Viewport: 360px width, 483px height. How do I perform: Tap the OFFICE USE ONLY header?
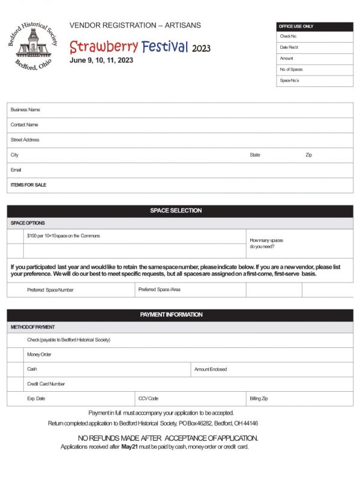coord(314,26)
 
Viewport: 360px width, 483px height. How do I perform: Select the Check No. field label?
coord(289,37)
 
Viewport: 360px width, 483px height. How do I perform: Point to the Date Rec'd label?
coord(289,47)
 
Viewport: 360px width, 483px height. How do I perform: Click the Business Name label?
coord(25,110)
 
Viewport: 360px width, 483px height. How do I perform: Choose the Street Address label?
coord(25,140)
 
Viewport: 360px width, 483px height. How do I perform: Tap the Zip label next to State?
coord(309,155)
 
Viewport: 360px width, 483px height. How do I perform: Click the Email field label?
coord(16,170)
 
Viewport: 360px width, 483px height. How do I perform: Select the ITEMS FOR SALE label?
coord(28,185)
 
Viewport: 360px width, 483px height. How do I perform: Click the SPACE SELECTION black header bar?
coord(180,211)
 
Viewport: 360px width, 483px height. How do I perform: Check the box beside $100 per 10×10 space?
coord(15,236)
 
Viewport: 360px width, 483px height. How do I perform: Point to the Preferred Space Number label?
coord(50,290)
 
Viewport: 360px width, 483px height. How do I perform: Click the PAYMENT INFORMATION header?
coord(180,315)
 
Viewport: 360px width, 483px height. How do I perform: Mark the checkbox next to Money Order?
coord(15,355)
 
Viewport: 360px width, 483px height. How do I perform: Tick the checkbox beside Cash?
coord(15,369)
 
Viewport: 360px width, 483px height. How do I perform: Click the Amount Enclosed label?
coord(211,370)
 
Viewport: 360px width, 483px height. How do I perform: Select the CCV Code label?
coord(148,398)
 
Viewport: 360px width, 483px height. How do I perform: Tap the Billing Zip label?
coord(259,398)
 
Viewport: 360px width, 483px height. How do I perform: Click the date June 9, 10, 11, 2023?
coord(101,61)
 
